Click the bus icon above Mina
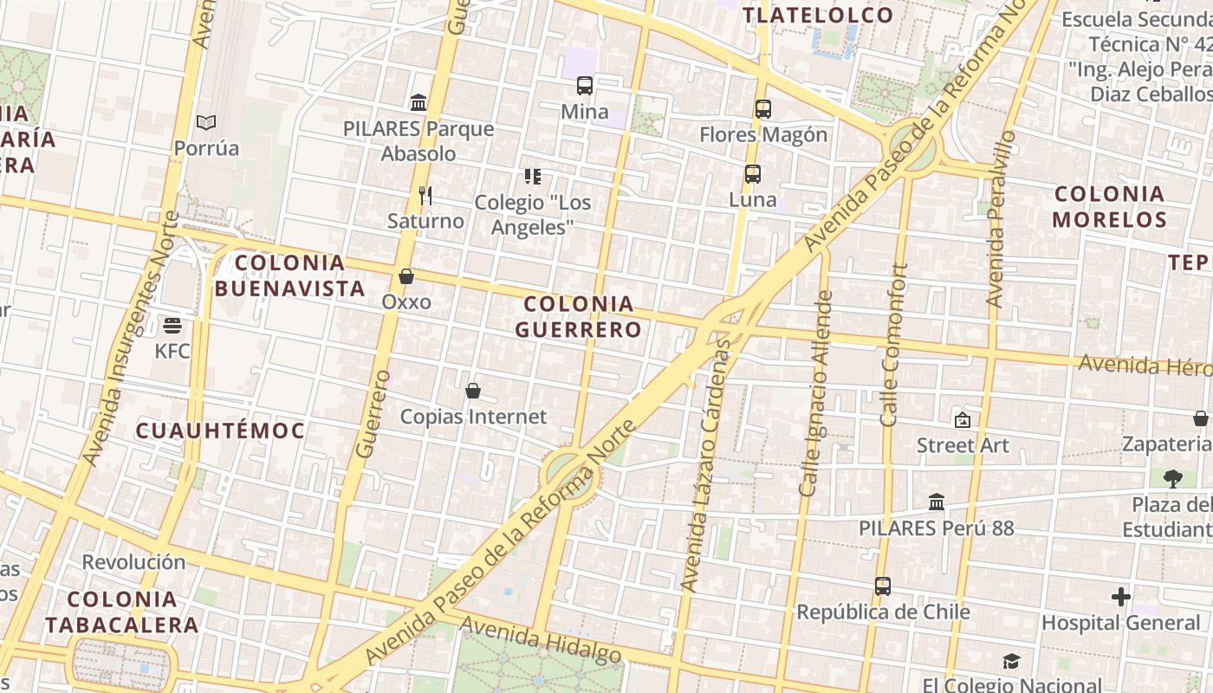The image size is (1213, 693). click(x=585, y=86)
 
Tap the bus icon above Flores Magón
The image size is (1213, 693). click(x=762, y=109)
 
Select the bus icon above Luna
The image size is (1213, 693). click(x=752, y=174)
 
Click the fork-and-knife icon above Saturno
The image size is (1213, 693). click(x=425, y=196)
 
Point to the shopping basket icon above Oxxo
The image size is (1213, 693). click(x=405, y=276)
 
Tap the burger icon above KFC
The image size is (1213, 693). click(x=172, y=326)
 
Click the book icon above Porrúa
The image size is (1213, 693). click(x=205, y=123)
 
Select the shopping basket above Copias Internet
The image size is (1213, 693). click(x=472, y=391)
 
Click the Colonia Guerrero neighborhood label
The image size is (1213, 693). click(x=579, y=316)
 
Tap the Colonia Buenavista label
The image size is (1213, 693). click(x=289, y=275)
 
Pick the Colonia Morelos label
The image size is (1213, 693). click(x=1109, y=206)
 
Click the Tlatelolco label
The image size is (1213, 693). click(x=817, y=15)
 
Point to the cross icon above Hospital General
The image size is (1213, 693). click(x=1120, y=597)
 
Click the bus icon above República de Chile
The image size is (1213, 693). click(x=882, y=586)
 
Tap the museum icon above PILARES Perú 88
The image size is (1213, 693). click(x=936, y=502)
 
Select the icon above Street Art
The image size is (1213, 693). click(x=962, y=420)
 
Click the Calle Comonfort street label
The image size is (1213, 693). click(x=894, y=345)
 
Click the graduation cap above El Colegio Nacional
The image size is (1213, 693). click(x=1011, y=662)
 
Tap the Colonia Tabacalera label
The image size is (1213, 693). click(x=121, y=612)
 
